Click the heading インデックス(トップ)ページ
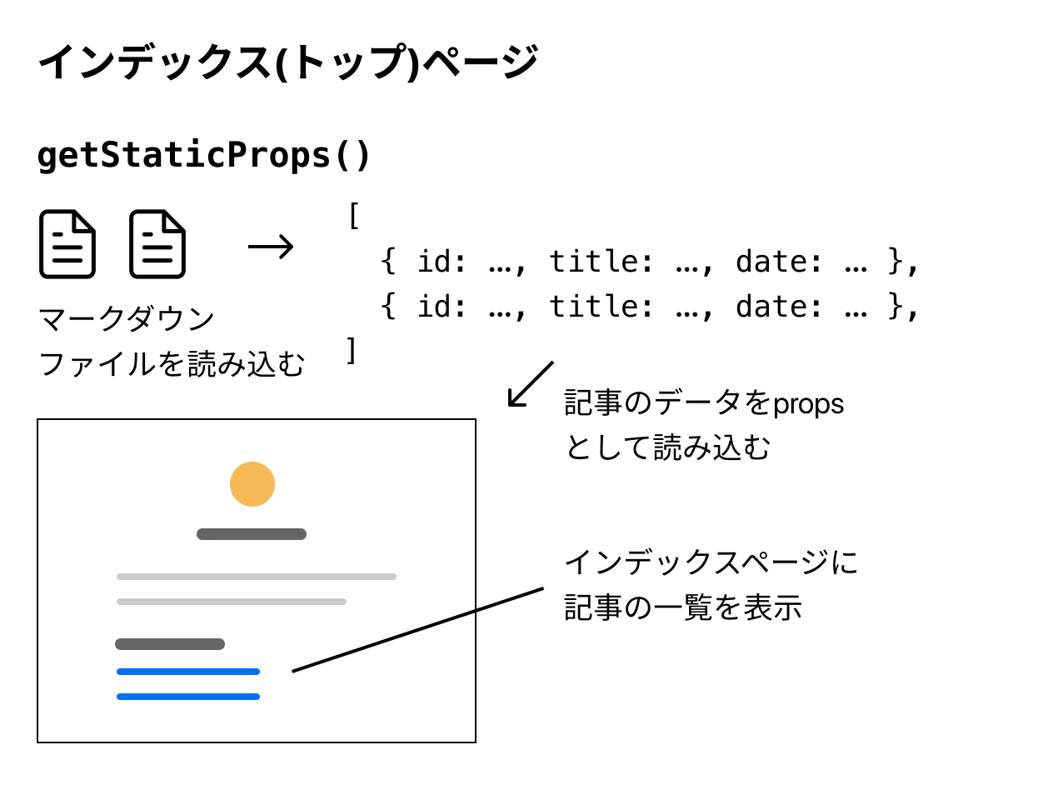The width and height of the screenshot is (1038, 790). point(287,63)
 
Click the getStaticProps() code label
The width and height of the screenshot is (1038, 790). point(203,156)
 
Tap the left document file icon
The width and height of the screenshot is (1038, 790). point(67,244)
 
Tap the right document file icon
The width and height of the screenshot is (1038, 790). point(157,244)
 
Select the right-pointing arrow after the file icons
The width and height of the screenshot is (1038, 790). point(271,246)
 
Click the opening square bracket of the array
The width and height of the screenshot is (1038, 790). point(353,217)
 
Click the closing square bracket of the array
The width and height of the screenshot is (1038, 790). point(352,350)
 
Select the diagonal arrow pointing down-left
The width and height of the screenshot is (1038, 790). point(530,384)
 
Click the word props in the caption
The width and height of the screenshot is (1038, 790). point(808,404)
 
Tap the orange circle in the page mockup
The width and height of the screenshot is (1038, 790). point(252,484)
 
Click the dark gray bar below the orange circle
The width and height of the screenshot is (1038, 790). point(252,534)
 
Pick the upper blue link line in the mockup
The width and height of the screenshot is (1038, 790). point(188,672)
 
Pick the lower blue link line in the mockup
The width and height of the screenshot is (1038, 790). point(188,697)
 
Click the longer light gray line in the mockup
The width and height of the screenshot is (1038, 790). point(257,577)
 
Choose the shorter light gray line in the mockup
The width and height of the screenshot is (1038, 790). point(232,602)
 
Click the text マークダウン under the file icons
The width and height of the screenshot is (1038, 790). point(127,319)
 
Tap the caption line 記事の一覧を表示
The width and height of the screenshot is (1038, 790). point(683,607)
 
